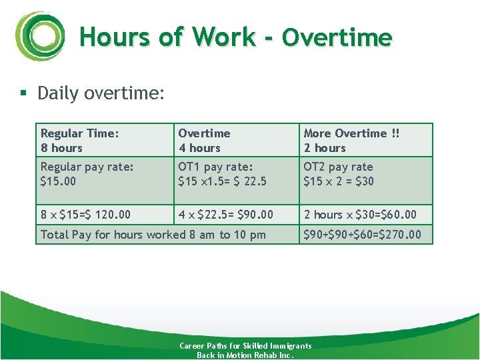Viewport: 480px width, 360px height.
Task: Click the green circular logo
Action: pyautogui.click(x=39, y=36)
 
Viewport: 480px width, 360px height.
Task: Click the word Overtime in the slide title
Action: pyautogui.click(x=337, y=37)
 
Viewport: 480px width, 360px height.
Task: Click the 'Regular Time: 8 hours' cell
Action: pyautogui.click(x=80, y=141)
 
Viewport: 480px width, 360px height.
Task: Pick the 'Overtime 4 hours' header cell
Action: pyautogui.click(x=204, y=141)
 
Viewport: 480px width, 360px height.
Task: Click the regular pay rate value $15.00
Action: pyautogui.click(x=58, y=181)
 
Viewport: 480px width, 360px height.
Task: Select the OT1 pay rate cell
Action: pyautogui.click(x=222, y=174)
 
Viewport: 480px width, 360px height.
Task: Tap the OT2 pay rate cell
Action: pyautogui.click(x=339, y=174)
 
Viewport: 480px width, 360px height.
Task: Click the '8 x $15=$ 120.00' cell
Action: pyautogui.click(x=85, y=215)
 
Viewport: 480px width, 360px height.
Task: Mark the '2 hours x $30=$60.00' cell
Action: pyautogui.click(x=360, y=215)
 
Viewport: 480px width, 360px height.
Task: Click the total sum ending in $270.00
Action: pyautogui.click(x=362, y=235)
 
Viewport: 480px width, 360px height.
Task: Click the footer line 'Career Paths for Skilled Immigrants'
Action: pyautogui.click(x=245, y=346)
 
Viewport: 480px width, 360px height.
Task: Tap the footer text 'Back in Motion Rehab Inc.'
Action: pyautogui.click(x=245, y=355)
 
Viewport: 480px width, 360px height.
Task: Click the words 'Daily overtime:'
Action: pyautogui.click(x=101, y=93)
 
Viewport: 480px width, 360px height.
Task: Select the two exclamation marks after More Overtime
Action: pyautogui.click(x=396, y=133)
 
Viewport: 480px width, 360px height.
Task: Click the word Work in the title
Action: pyautogui.click(x=224, y=37)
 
